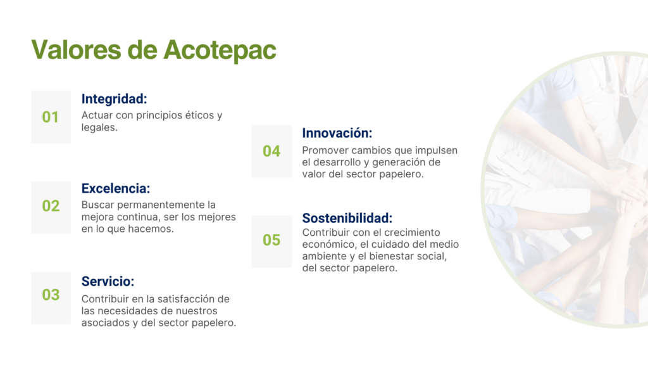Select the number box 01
[51, 117]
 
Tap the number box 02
[51, 207]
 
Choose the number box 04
[271, 151]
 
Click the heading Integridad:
[114, 99]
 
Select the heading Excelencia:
[116, 188]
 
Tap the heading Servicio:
[108, 281]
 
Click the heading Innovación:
[337, 133]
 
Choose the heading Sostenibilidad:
[347, 218]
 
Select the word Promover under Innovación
[323, 151]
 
